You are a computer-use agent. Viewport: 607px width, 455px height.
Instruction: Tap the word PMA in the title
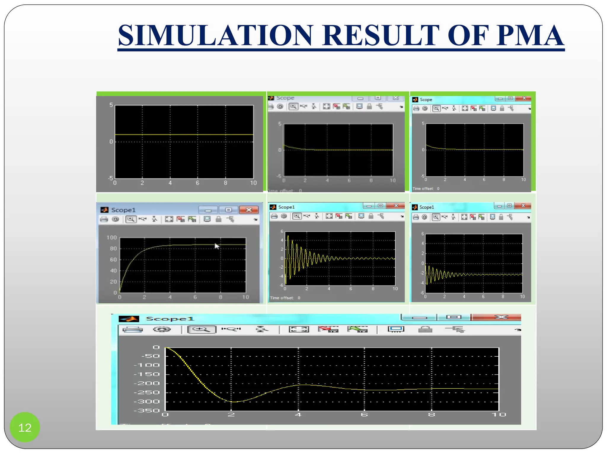click(x=530, y=35)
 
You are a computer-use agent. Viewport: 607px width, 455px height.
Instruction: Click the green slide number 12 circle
click(x=25, y=427)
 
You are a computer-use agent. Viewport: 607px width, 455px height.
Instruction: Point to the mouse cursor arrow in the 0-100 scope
click(x=217, y=246)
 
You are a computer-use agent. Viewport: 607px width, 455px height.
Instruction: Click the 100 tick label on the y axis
click(x=112, y=238)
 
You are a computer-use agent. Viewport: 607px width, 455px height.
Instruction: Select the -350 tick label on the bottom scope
click(x=147, y=411)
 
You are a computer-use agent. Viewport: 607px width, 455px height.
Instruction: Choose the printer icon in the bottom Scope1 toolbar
click(x=132, y=329)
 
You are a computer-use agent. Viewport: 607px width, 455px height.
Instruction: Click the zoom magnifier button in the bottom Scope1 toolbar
click(x=202, y=329)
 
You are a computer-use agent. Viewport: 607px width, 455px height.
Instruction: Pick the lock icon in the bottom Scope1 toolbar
click(x=425, y=329)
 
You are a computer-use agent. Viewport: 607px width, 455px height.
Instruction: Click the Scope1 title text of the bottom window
click(x=170, y=319)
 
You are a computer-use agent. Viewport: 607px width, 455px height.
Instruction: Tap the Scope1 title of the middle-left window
click(x=123, y=210)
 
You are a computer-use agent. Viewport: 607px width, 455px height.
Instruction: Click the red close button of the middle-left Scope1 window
click(x=249, y=210)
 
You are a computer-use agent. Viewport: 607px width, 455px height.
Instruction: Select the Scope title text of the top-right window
click(x=426, y=100)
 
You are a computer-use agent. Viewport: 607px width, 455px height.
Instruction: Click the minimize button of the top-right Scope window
click(x=500, y=98)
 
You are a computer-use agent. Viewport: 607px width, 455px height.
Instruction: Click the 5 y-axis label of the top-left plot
click(x=111, y=105)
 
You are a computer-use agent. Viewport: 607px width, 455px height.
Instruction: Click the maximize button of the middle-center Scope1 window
click(x=381, y=206)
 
